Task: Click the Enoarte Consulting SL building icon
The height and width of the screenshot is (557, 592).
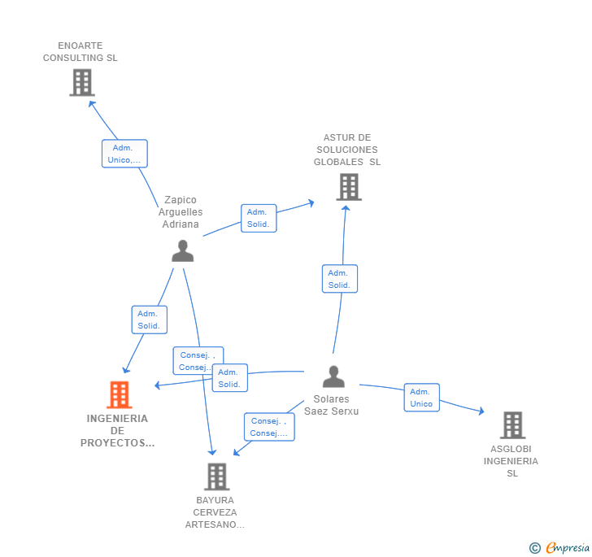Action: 81,82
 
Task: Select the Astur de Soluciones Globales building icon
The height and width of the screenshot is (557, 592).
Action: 348,187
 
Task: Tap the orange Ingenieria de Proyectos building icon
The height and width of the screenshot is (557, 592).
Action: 120,395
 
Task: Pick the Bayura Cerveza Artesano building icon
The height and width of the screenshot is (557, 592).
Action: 216,476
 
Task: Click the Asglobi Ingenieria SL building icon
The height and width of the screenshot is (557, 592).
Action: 511,424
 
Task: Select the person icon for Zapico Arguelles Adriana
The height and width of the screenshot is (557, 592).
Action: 182,251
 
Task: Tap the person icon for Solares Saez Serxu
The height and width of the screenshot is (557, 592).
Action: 333,376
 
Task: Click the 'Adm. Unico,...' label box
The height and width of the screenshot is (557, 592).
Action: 124,154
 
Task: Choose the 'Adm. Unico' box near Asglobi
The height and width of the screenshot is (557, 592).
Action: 421,398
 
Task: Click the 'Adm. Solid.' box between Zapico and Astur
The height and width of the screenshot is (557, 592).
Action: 258,218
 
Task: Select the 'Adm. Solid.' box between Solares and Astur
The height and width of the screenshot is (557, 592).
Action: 339,279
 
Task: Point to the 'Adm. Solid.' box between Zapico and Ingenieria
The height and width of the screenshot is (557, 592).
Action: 149,320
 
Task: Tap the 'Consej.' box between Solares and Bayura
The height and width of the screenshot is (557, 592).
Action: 268,427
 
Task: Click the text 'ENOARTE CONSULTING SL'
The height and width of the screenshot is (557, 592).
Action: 81,52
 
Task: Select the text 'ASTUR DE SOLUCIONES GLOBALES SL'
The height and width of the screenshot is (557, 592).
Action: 347,150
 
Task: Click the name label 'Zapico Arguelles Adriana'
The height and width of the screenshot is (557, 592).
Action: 181,212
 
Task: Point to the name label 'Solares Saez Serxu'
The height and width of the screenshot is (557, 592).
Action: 332,405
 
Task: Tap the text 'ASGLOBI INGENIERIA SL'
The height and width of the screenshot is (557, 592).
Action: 511,461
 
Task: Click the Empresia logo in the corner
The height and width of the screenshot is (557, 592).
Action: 560,547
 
